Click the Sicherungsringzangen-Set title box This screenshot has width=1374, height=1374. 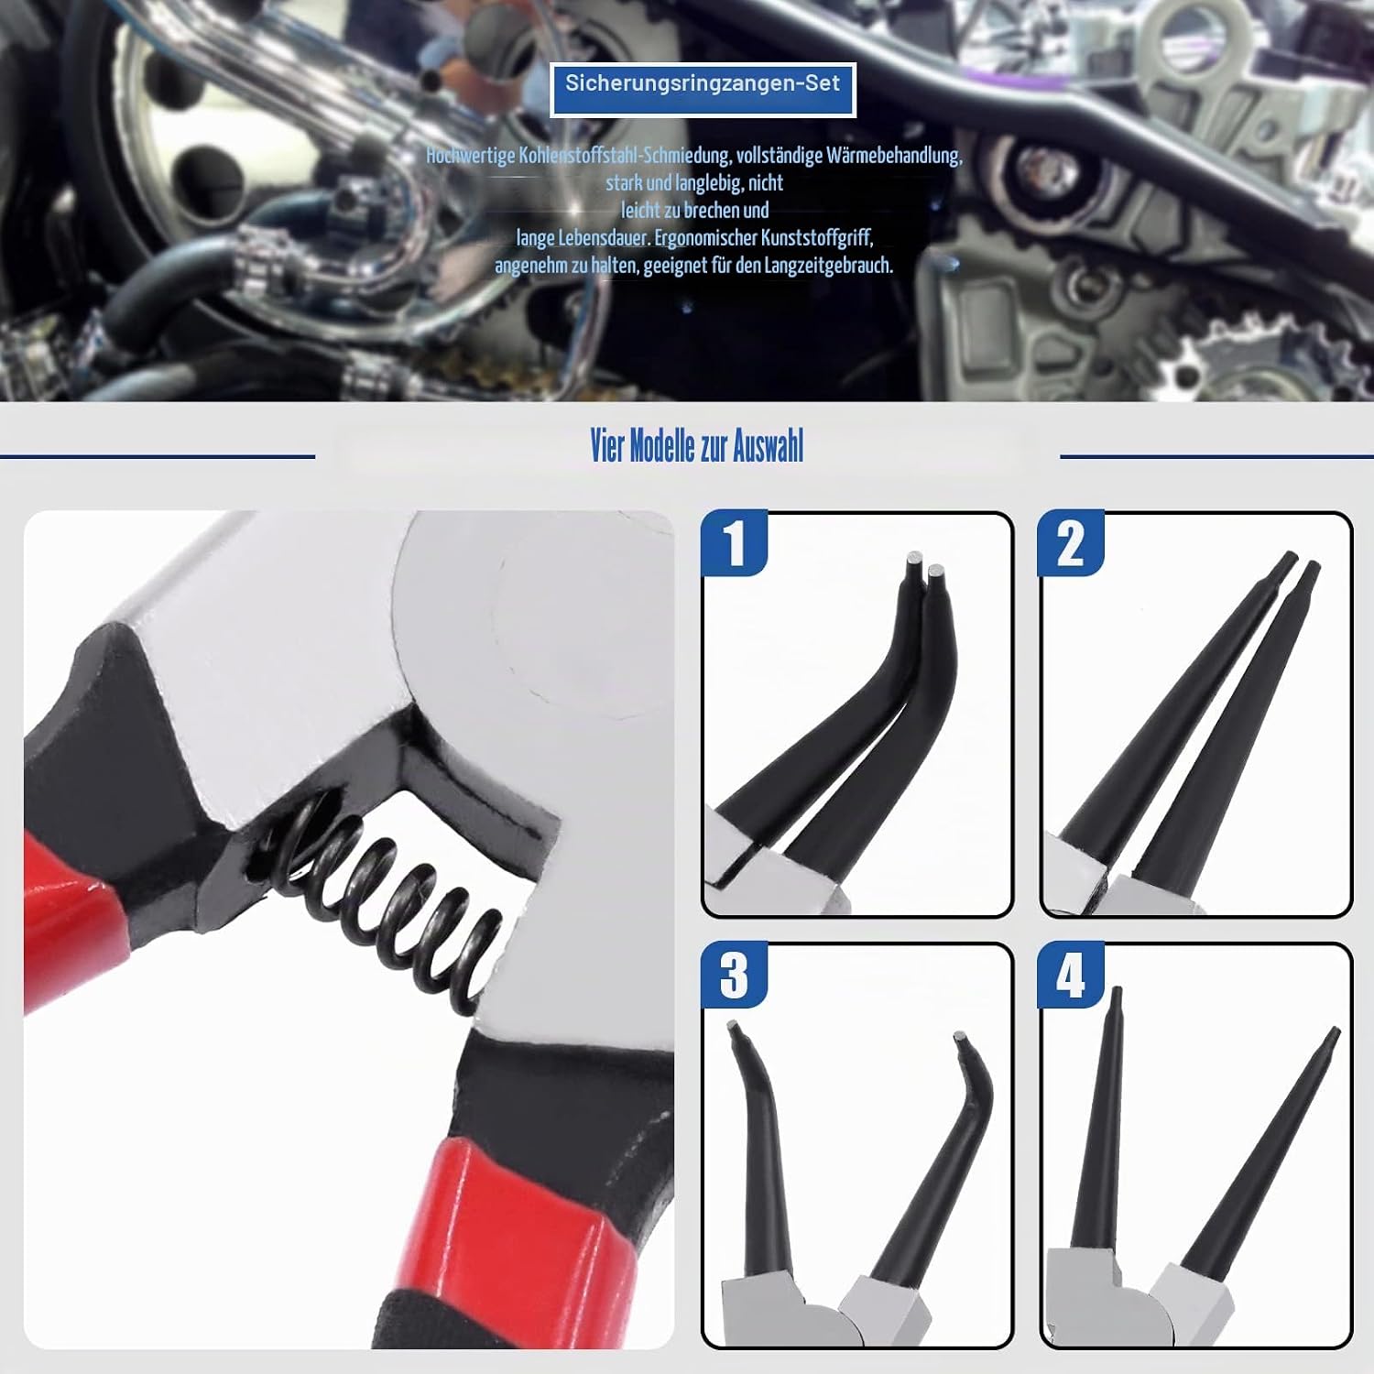point(703,89)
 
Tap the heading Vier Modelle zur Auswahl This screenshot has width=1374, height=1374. point(697,447)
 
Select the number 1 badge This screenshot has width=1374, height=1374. point(734,543)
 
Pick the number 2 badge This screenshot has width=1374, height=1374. point(1071,543)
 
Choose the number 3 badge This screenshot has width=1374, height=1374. point(734,975)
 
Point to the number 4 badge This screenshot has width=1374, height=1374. point(1071,975)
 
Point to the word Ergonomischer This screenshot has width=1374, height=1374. point(705,238)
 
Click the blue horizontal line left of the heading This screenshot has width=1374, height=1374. point(158,456)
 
